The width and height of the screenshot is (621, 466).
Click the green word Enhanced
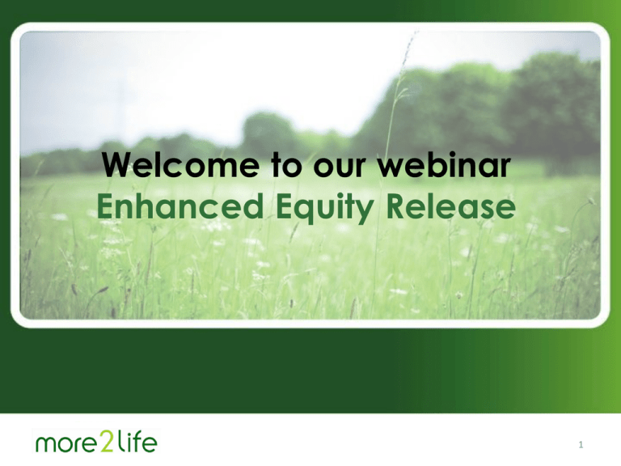(180, 205)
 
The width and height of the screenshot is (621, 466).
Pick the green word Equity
(325, 209)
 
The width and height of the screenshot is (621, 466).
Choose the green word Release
(450, 205)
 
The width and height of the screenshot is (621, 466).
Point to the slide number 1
(581, 445)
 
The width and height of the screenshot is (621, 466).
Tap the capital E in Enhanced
(104, 206)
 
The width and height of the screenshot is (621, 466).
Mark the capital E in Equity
(284, 206)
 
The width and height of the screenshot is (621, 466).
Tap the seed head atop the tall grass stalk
(410, 48)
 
